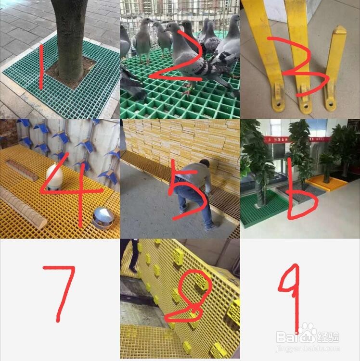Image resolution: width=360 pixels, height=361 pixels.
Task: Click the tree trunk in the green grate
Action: pyautogui.click(x=70, y=38)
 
